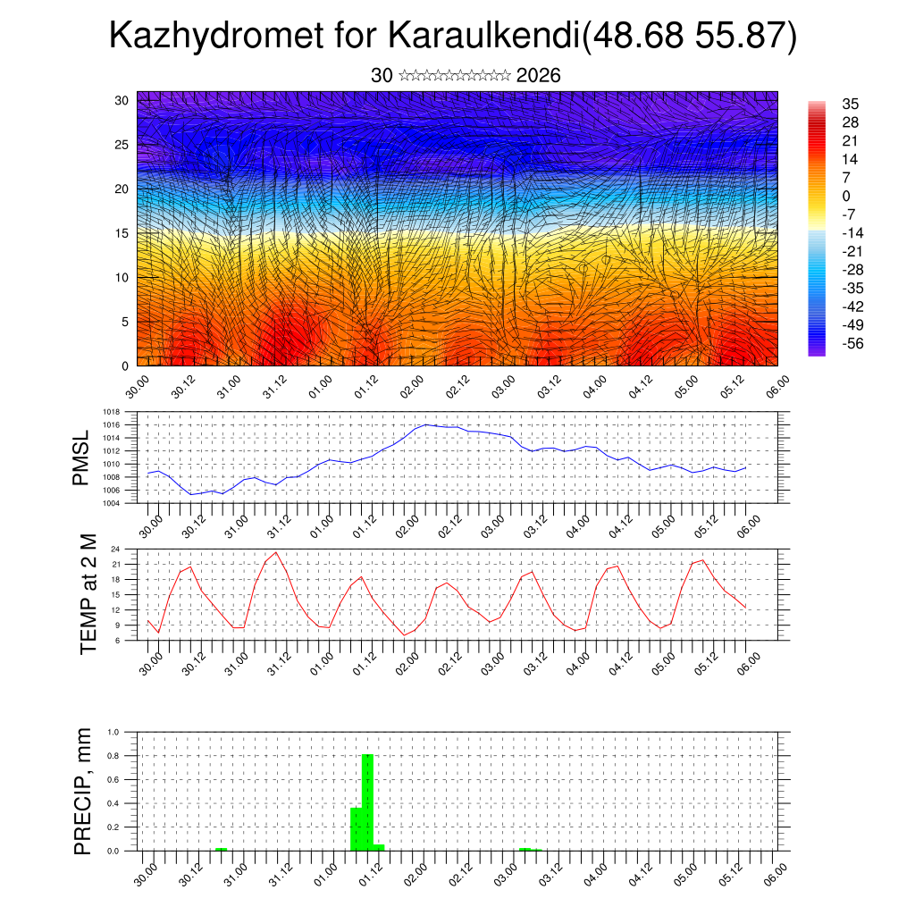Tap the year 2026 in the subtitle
pyautogui.click(x=538, y=76)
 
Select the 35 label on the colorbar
pyautogui.click(x=850, y=104)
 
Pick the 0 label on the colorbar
pyautogui.click(x=846, y=196)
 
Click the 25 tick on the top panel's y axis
pyautogui.click(x=122, y=145)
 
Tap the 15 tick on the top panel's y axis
pyautogui.click(x=122, y=233)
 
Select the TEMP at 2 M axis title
pyautogui.click(x=88, y=594)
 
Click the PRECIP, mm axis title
pyautogui.click(x=83, y=791)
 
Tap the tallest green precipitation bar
pyautogui.click(x=367, y=802)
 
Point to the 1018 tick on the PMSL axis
pyautogui.click(x=112, y=413)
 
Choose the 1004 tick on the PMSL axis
pyautogui.click(x=112, y=503)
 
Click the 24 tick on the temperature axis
pyautogui.click(x=115, y=549)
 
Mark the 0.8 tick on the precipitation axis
pyautogui.click(x=113, y=756)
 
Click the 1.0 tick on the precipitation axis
pyautogui.click(x=113, y=732)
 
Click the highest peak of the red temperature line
pyautogui.click(x=276, y=552)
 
